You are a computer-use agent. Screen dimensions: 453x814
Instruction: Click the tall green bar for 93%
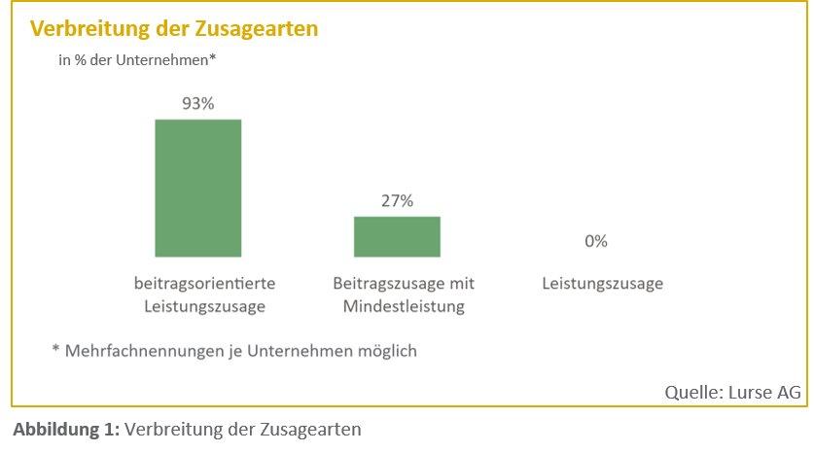[198, 188]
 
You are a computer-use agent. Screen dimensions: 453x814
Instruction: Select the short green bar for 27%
[397, 236]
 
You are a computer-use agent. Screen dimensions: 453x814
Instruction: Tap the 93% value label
[198, 104]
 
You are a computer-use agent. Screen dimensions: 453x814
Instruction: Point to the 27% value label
[397, 201]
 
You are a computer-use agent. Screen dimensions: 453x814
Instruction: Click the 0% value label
[596, 241]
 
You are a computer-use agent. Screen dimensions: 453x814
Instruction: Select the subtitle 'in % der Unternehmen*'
[137, 59]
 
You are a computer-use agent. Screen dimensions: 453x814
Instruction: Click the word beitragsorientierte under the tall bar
[205, 284]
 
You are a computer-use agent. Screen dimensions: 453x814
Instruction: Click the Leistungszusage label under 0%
[602, 284]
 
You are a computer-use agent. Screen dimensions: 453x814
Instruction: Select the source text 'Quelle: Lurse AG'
[732, 393]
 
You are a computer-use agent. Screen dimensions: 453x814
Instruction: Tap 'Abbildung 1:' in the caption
[66, 429]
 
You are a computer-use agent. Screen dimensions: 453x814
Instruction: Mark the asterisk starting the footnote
[55, 348]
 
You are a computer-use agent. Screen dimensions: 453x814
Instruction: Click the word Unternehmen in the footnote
[298, 350]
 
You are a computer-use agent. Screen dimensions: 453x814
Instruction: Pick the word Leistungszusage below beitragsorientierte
[205, 307]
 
